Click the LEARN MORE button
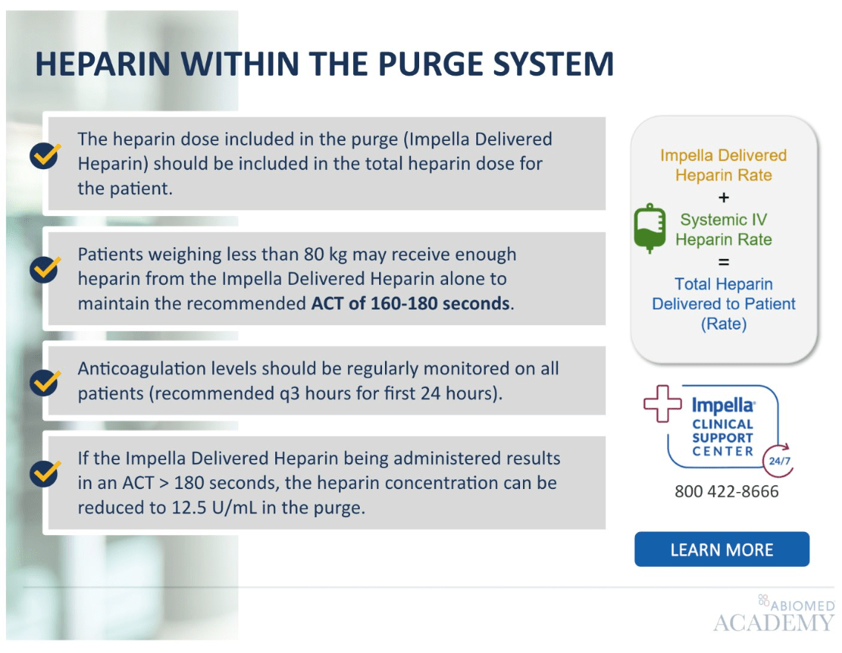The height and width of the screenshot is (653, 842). click(x=722, y=549)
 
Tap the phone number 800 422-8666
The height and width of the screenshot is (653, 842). click(x=726, y=491)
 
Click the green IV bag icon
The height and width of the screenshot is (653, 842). click(x=650, y=228)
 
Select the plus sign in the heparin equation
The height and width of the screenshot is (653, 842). click(x=724, y=197)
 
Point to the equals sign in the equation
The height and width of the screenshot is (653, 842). click(x=724, y=262)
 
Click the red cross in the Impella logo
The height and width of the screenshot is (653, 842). click(x=662, y=403)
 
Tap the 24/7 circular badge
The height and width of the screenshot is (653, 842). click(x=779, y=461)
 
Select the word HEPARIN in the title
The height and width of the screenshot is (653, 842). click(x=102, y=64)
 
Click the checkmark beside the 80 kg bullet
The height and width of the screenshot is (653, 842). click(x=45, y=269)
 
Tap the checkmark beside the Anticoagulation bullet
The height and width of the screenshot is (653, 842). click(x=45, y=382)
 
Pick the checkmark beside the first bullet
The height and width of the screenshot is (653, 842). click(x=45, y=156)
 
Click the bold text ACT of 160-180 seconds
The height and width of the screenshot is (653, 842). click(x=410, y=303)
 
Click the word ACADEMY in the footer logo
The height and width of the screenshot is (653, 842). click(x=774, y=623)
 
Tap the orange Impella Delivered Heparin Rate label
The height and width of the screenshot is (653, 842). click(x=723, y=165)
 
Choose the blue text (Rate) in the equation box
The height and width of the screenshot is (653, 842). click(x=723, y=324)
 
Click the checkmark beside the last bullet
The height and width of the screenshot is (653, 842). click(x=45, y=473)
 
